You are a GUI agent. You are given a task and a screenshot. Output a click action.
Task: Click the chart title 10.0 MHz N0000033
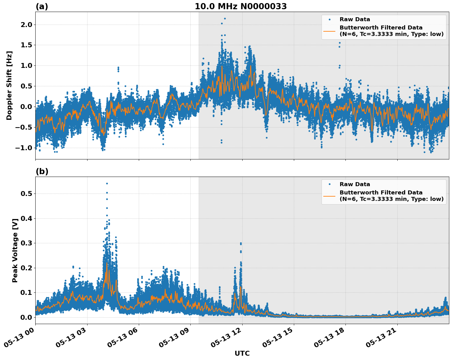pyautogui.click(x=241, y=6)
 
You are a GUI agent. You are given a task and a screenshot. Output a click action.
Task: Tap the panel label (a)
pyautogui.click(x=42, y=6)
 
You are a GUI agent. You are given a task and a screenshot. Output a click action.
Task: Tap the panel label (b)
pyautogui.click(x=42, y=171)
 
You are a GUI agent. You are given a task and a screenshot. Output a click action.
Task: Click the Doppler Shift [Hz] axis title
pyautogui.click(x=9, y=85)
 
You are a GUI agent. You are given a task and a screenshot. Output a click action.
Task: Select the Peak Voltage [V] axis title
pyautogui.click(x=15, y=250)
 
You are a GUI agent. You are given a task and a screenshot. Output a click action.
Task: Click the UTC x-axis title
pyautogui.click(x=242, y=353)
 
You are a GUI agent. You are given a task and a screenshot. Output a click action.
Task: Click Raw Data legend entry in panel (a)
pyautogui.click(x=355, y=20)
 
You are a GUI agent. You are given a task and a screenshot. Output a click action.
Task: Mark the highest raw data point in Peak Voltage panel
pyautogui.click(x=107, y=183)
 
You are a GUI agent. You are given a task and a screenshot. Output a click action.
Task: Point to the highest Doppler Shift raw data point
pyautogui.click(x=225, y=18)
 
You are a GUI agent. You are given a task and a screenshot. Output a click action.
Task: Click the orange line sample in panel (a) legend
pyautogui.click(x=329, y=31)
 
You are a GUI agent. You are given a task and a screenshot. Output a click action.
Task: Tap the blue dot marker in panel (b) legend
pyautogui.click(x=329, y=184)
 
